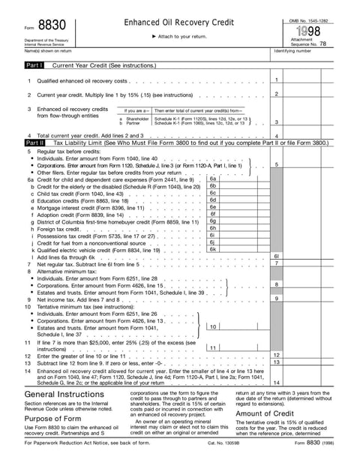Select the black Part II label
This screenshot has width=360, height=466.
coord(34,142)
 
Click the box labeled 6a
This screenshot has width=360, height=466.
coord(213,179)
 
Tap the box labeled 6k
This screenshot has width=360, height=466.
coord(213,248)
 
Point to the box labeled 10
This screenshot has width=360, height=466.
coord(213,326)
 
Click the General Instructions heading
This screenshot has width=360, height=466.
coord(64,395)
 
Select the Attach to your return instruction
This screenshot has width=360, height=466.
coord(180,36)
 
